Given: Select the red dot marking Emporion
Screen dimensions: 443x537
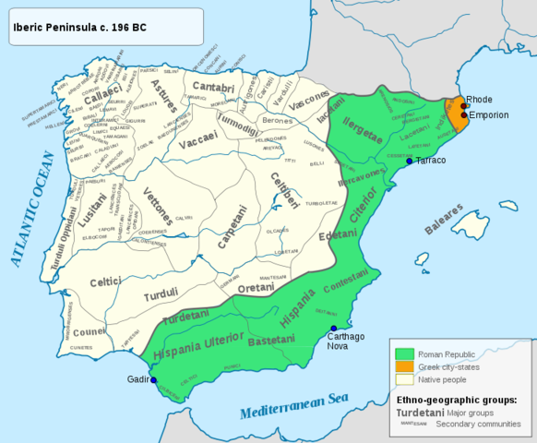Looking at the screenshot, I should point(464,115).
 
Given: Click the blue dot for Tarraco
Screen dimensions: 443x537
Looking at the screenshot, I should point(410,161).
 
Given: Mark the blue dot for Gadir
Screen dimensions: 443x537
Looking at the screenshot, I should point(154,380).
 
